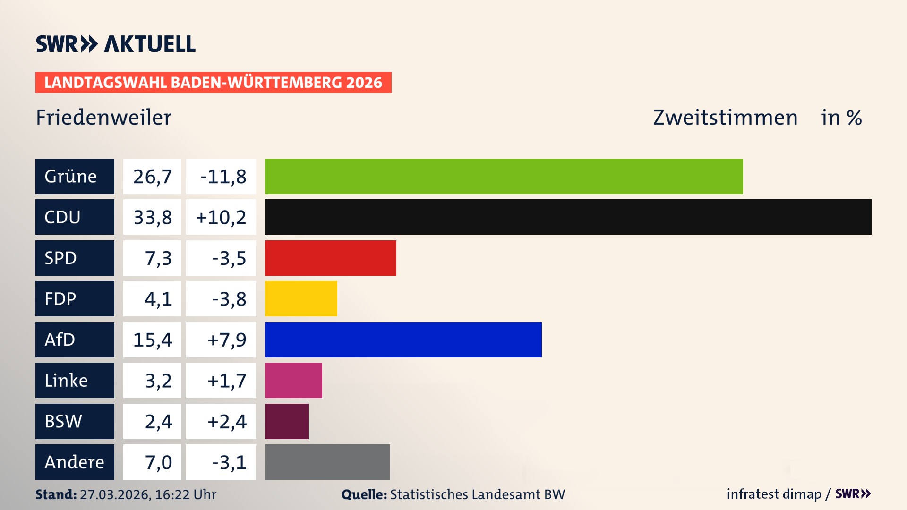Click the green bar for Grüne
click(x=504, y=176)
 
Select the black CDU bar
click(x=568, y=217)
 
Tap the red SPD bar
click(x=330, y=258)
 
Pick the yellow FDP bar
click(x=301, y=298)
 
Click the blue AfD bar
click(x=403, y=340)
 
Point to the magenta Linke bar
click(x=293, y=380)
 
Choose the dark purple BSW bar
click(x=287, y=421)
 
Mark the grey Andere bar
click(x=327, y=462)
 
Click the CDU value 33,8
click(x=152, y=217)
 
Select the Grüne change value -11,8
click(x=223, y=177)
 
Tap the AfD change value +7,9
click(x=226, y=340)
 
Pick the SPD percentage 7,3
click(x=158, y=258)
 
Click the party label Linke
click(x=66, y=381)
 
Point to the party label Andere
click(x=74, y=462)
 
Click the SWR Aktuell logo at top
click(x=116, y=44)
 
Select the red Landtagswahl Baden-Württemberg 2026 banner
click(x=213, y=82)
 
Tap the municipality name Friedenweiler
click(x=103, y=118)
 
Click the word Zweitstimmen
click(x=725, y=118)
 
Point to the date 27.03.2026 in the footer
click(x=115, y=494)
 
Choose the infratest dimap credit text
click(x=774, y=494)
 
